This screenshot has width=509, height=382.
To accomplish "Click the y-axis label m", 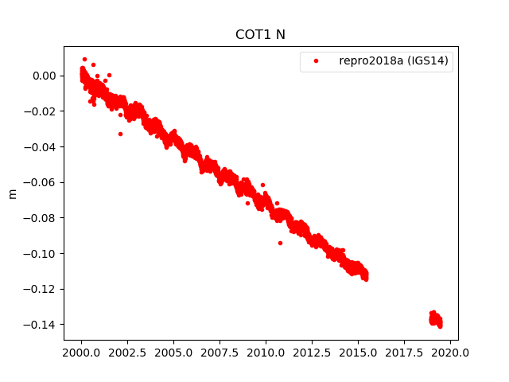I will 12,193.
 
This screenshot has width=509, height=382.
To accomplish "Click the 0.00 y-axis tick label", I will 45,76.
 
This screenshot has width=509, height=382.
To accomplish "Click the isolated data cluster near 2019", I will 436,319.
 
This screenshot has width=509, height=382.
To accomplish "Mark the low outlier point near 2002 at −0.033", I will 120,134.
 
